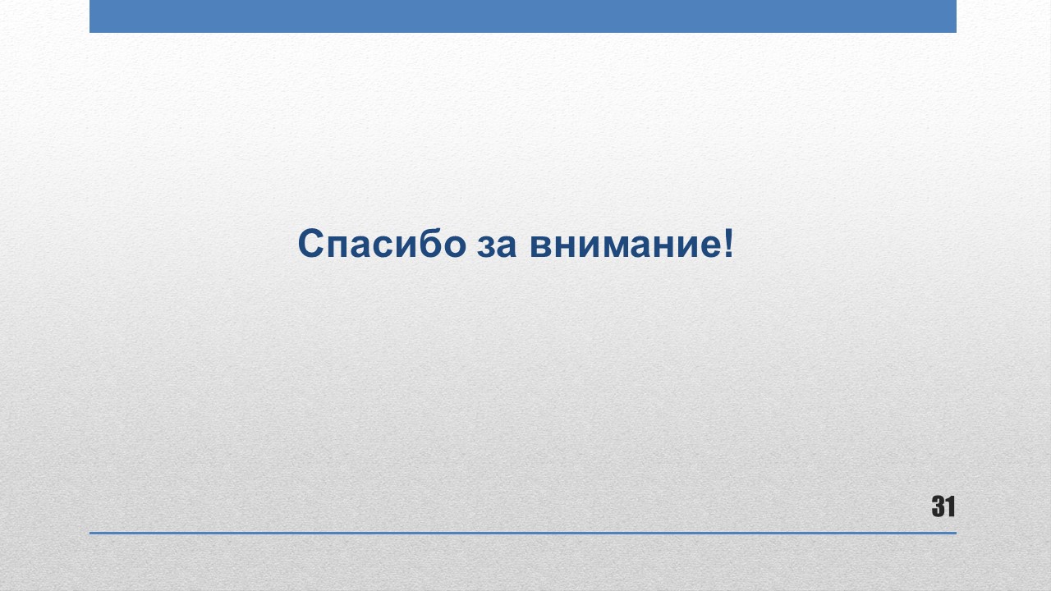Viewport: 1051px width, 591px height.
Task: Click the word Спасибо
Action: click(x=382, y=244)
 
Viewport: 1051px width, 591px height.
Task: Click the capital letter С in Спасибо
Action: click(x=310, y=244)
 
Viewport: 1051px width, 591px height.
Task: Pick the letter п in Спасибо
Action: click(x=337, y=246)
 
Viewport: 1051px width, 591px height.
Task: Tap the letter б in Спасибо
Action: click(x=430, y=244)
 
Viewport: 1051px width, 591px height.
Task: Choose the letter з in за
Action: click(x=486, y=246)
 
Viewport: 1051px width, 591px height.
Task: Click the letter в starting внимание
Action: click(x=541, y=246)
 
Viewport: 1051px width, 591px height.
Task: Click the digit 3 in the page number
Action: click(x=938, y=506)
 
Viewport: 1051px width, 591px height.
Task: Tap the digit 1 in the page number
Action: click(x=950, y=506)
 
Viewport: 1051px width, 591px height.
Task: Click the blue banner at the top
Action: click(x=523, y=16)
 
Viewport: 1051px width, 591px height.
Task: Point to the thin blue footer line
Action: click(x=523, y=533)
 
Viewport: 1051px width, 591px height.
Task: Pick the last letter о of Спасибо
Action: click(x=455, y=246)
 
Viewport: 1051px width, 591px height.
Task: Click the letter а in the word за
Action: click(x=507, y=246)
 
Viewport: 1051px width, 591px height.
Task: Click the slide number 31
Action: click(x=943, y=506)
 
